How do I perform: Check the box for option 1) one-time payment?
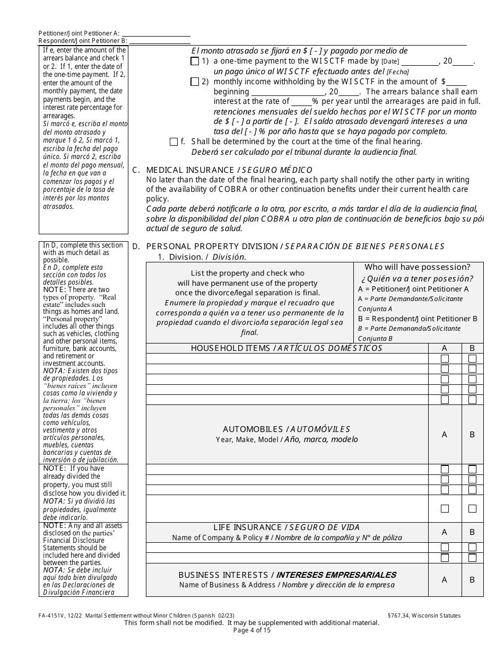(x=195, y=61)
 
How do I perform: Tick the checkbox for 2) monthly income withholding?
(x=195, y=82)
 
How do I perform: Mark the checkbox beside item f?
(x=173, y=142)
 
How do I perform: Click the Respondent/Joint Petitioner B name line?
(x=160, y=41)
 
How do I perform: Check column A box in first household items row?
(x=445, y=359)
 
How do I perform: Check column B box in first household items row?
(x=472, y=359)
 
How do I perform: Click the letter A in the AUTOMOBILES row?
(x=445, y=435)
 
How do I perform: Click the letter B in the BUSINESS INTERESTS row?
(x=472, y=580)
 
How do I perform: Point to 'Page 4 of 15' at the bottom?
(x=251, y=630)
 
